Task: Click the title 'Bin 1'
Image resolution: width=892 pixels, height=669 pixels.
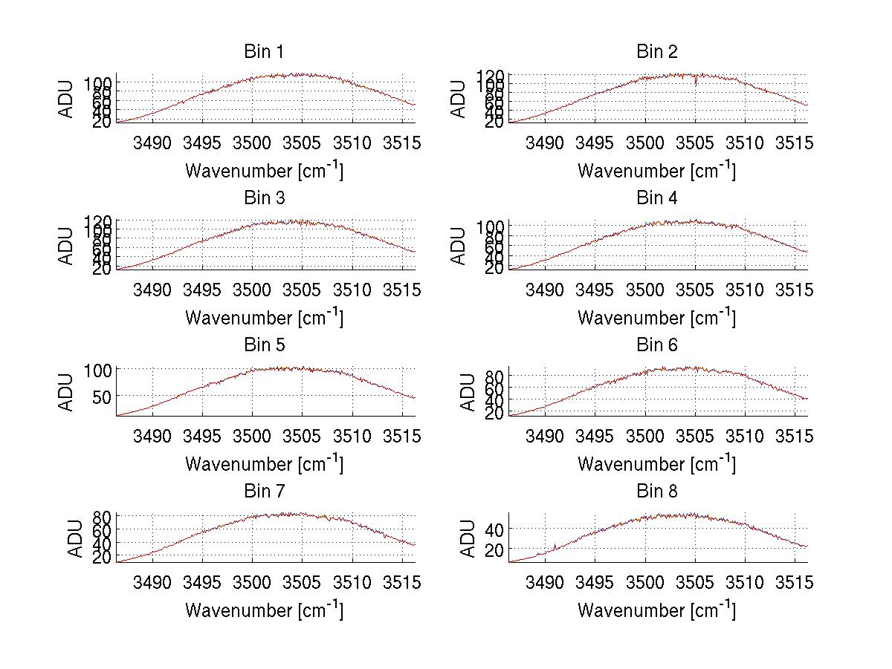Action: tap(263, 52)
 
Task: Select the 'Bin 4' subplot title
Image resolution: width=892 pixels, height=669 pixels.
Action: tap(656, 198)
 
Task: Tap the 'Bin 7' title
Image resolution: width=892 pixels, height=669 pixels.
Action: tap(263, 492)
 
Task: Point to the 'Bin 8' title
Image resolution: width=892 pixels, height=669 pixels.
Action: tap(656, 492)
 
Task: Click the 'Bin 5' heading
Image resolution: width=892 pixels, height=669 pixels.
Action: tap(263, 345)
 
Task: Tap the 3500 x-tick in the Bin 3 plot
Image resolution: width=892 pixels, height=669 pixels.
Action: tap(252, 290)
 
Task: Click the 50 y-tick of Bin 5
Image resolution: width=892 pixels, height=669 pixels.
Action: tap(100, 396)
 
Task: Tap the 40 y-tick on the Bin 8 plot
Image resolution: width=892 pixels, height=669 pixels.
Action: tap(493, 529)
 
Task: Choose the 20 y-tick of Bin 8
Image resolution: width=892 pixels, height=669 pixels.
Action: tap(493, 549)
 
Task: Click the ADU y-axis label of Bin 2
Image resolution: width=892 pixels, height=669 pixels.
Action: tap(459, 98)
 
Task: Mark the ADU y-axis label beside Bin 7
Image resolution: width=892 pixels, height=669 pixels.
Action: tap(66, 538)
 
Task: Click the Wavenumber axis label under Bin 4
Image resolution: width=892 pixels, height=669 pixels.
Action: tap(656, 317)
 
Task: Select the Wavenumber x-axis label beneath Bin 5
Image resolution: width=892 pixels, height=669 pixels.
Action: tap(263, 463)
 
